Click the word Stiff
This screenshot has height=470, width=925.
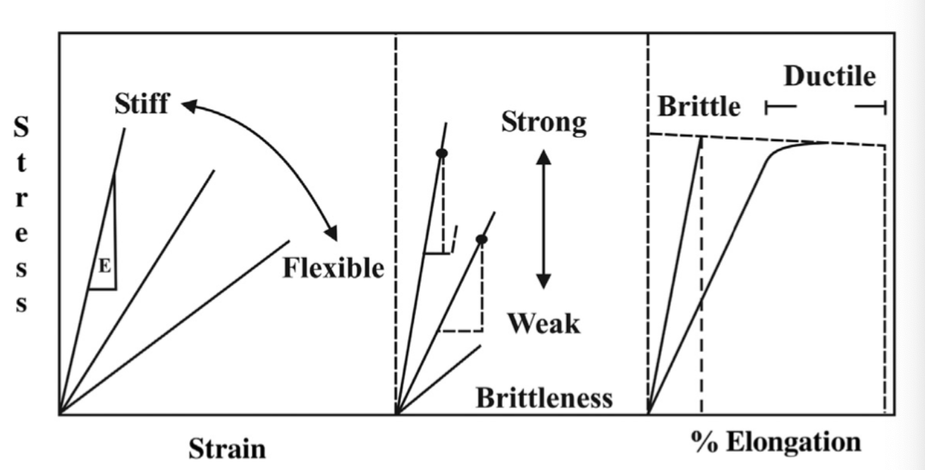pos(142,104)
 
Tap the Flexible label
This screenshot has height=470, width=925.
pos(333,267)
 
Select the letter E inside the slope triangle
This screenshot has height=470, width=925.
pos(104,266)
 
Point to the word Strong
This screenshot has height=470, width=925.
pos(544,122)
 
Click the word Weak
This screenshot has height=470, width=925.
pos(544,323)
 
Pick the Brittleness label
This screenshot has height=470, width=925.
pos(544,398)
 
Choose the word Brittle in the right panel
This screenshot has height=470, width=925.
pos(699,107)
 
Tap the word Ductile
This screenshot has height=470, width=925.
pos(829,76)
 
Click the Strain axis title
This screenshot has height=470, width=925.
pos(227,449)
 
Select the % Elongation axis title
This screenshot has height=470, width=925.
pos(776,442)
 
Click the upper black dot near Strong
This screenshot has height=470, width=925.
pos(442,153)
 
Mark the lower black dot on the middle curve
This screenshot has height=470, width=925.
pos(482,239)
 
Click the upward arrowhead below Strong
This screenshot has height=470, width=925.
pos(544,157)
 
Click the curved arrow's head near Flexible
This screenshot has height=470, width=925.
pos(331,234)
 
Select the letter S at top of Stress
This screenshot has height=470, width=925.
pos(22,128)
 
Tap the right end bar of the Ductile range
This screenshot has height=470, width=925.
pos(883,107)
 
